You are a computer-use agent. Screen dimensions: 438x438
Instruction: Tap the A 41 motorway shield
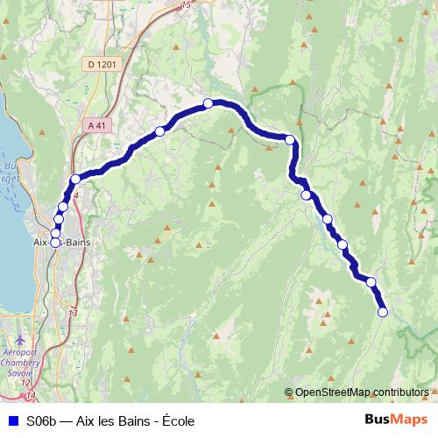point(96,125)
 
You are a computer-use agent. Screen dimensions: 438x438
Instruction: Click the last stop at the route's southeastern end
point(382,312)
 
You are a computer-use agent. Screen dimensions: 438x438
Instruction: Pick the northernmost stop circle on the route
point(208,103)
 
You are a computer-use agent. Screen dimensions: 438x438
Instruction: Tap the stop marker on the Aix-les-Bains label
point(55,243)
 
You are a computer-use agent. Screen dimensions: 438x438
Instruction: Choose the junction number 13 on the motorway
point(72,313)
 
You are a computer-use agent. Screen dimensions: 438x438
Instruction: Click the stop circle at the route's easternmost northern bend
point(290,139)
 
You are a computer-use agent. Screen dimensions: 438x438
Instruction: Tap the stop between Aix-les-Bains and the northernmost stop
point(159,131)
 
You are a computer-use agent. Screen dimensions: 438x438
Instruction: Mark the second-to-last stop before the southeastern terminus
point(371,282)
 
